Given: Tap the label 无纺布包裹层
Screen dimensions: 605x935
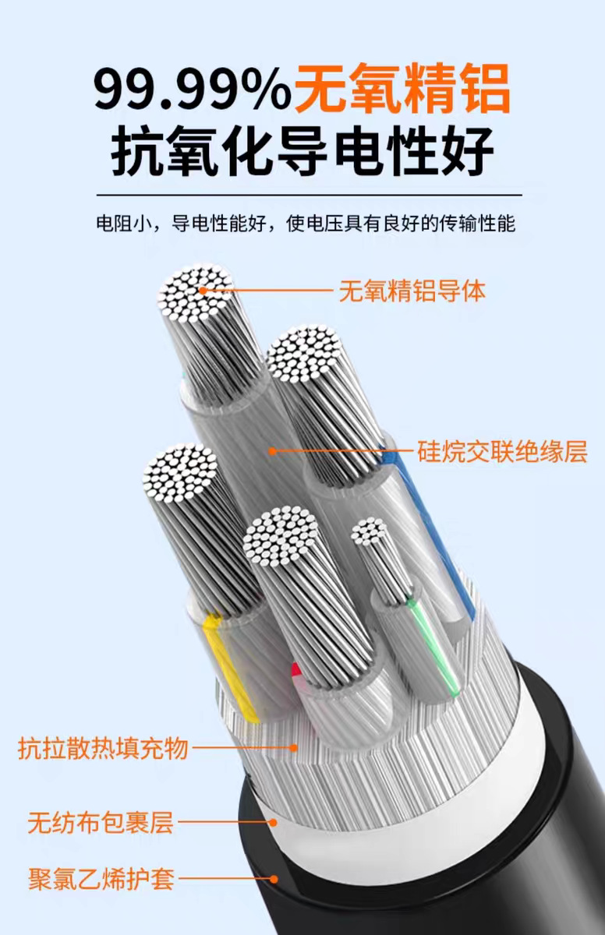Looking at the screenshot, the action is pyautogui.click(x=100, y=822).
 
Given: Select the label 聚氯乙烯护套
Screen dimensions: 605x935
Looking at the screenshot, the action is pyautogui.click(x=101, y=880).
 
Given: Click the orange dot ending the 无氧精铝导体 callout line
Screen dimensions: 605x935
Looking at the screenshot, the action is pyautogui.click(x=203, y=291).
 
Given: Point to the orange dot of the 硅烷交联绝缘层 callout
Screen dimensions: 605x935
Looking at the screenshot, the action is pyautogui.click(x=271, y=450).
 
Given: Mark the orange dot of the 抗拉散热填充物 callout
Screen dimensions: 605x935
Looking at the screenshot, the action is pyautogui.click(x=294, y=749).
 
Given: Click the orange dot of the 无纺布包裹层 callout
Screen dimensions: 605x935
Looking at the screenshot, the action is pyautogui.click(x=273, y=821).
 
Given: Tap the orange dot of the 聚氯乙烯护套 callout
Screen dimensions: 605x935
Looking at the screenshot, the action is pyautogui.click(x=274, y=880).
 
